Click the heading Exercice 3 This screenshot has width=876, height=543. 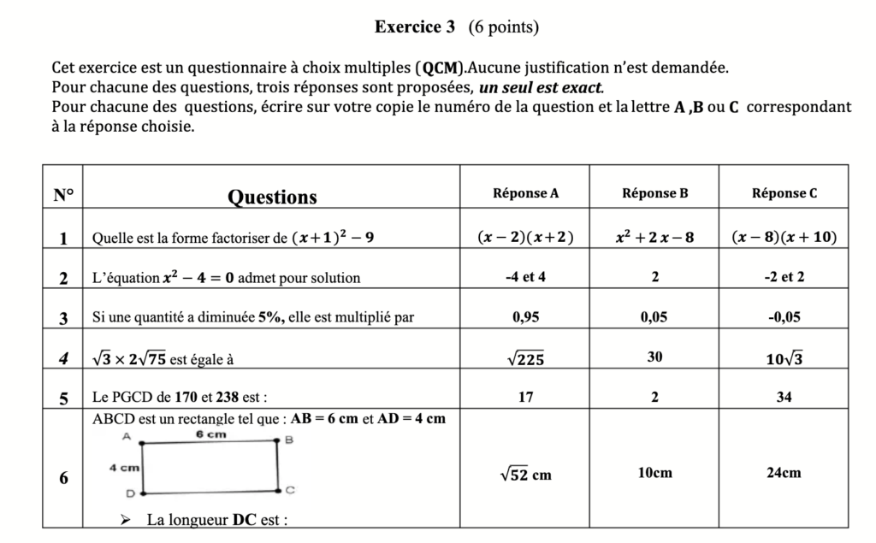pyautogui.click(x=414, y=27)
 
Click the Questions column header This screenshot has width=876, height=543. pyautogui.click(x=272, y=198)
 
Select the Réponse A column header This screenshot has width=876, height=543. pyautogui.click(x=526, y=193)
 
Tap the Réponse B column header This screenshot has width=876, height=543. pyautogui.click(x=654, y=193)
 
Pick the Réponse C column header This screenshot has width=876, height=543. pyautogui.click(x=784, y=193)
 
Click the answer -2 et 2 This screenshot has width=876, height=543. pyautogui.click(x=784, y=277)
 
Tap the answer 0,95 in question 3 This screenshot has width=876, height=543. pyautogui.click(x=525, y=317)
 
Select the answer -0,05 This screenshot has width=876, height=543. pyautogui.click(x=784, y=317)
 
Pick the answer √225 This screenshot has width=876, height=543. pyautogui.click(x=525, y=359)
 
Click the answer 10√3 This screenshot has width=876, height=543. pyautogui.click(x=784, y=359)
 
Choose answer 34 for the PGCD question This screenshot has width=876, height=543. pyautogui.click(x=784, y=398)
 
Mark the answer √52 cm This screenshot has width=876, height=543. pyautogui.click(x=525, y=474)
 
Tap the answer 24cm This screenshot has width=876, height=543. pyautogui.click(x=784, y=473)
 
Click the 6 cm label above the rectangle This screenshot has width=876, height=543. pyautogui.click(x=210, y=434)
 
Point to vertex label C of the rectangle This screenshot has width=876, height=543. pyautogui.click(x=290, y=491)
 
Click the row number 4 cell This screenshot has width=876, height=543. pyautogui.click(x=63, y=359)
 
